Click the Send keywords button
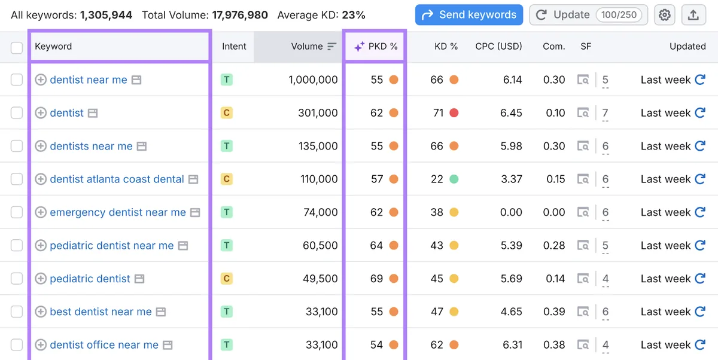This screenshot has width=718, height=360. [x=469, y=15]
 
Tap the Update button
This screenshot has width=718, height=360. [x=588, y=15]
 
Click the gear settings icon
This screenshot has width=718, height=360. [x=665, y=15]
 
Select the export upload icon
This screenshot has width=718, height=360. [x=693, y=15]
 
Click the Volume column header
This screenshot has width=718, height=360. [x=307, y=47]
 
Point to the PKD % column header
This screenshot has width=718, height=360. [x=376, y=47]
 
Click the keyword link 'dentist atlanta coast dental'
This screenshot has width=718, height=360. [x=117, y=179]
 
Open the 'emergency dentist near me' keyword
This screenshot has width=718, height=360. [x=118, y=212]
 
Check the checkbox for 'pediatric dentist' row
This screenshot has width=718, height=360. [x=17, y=279]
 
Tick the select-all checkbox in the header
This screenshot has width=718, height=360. [x=17, y=48]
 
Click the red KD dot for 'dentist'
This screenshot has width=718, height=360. [x=454, y=113]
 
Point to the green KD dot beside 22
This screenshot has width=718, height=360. [x=454, y=179]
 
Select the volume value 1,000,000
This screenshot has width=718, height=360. [x=313, y=80]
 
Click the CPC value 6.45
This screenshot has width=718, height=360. [x=511, y=113]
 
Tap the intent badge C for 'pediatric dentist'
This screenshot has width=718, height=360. [x=227, y=279]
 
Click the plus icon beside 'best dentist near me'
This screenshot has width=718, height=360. [x=41, y=312]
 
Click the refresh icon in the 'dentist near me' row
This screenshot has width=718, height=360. [x=701, y=80]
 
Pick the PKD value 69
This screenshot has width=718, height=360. [x=376, y=279]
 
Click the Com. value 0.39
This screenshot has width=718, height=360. [x=554, y=312]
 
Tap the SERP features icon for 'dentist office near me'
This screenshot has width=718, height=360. [x=583, y=345]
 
